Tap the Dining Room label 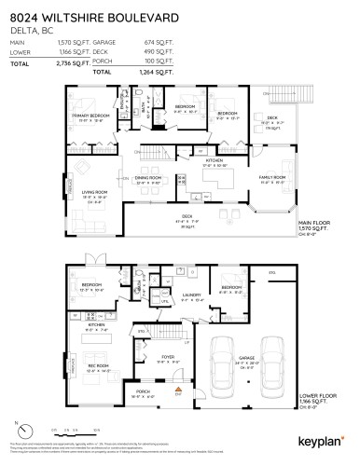[x=147, y=178]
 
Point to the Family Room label [x=273, y=178]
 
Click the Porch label [x=143, y=392]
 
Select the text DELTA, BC [x=28, y=29]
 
